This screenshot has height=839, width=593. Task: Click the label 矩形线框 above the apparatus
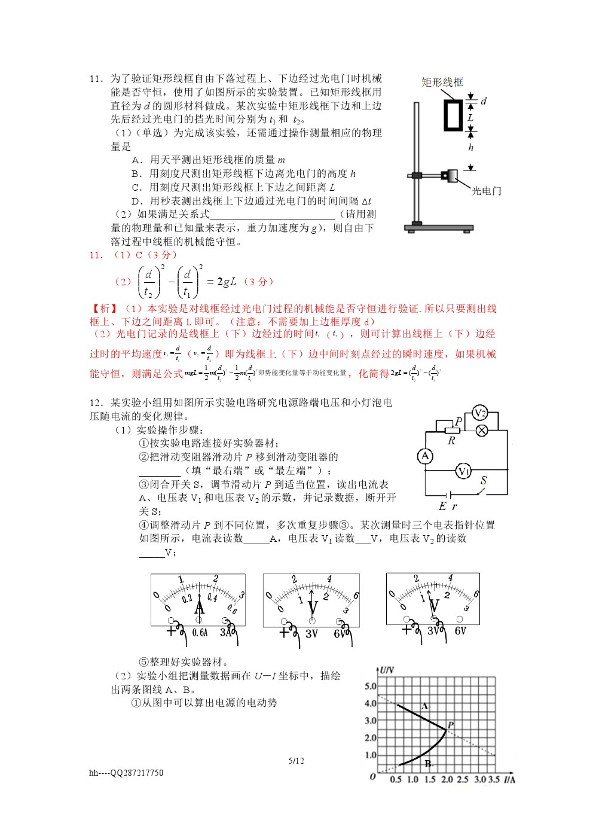point(442,82)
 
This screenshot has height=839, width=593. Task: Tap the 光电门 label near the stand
point(486,191)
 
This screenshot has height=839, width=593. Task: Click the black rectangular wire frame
point(453,115)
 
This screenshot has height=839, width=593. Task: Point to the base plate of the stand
point(438,228)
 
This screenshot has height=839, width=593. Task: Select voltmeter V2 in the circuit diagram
point(479,413)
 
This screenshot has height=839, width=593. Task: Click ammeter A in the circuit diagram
point(425,456)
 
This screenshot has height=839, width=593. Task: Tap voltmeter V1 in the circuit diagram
point(463,471)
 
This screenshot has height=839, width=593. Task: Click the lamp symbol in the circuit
point(481,430)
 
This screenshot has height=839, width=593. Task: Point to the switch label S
point(484,480)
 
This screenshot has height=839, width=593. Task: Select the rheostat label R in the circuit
point(451,441)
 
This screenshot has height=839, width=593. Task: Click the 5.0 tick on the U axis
point(371,686)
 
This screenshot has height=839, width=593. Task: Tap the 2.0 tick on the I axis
point(447,779)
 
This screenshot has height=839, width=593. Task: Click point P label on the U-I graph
point(451,725)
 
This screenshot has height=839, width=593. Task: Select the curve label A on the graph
point(424,706)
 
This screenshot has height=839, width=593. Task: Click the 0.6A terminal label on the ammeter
point(200,633)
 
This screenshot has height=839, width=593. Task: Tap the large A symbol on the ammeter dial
point(200,608)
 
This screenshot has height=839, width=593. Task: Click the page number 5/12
point(296,761)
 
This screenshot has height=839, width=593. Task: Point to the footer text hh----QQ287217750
point(126,773)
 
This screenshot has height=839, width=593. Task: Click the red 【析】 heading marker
point(104,309)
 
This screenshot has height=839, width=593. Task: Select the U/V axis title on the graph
point(387,670)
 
